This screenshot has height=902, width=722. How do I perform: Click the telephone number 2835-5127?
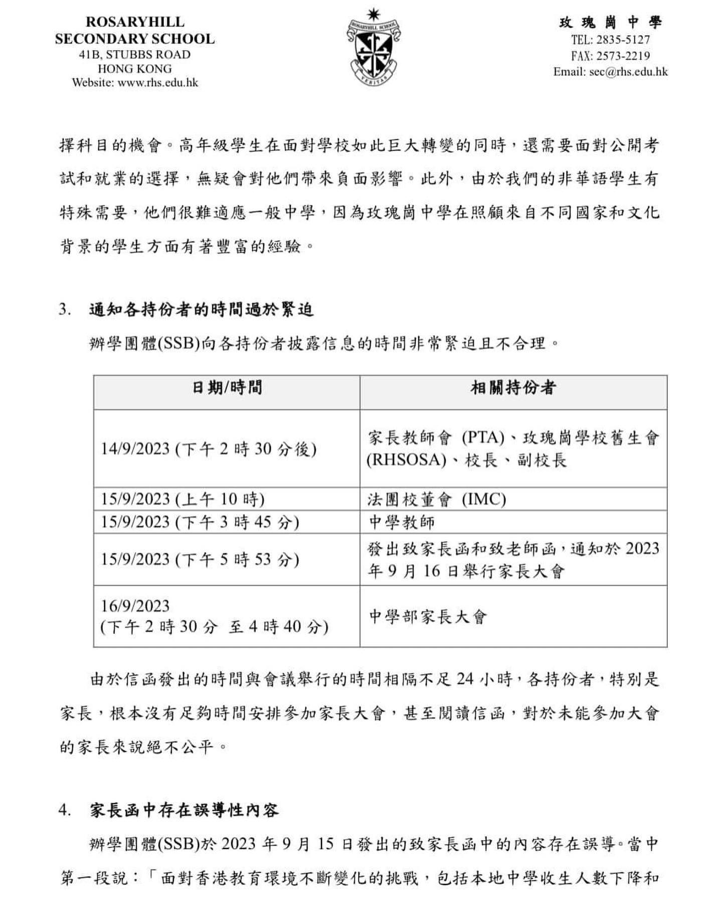click(623, 40)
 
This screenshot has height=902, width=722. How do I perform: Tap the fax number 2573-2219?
click(623, 56)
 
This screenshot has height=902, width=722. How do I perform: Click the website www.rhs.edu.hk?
click(157, 83)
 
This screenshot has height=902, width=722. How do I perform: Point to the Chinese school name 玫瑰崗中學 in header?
click(611, 23)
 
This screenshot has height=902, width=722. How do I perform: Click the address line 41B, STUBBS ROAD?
click(135, 55)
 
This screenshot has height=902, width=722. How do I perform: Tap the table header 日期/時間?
click(227, 387)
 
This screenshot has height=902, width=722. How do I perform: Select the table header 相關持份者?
click(513, 387)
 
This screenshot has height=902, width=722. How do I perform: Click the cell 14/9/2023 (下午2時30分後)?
click(209, 448)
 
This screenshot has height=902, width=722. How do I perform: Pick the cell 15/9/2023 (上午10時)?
click(183, 499)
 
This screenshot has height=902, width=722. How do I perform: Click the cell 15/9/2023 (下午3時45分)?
click(200, 522)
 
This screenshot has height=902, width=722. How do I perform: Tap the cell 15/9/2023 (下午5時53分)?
click(200, 559)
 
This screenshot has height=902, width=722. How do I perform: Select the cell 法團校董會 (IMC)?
click(436, 499)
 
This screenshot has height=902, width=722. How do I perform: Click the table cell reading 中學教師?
click(402, 522)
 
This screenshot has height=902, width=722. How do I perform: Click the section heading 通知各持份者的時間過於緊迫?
click(201, 310)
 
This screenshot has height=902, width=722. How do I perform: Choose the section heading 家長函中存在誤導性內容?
click(184, 810)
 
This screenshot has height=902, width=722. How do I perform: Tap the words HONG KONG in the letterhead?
click(135, 69)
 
